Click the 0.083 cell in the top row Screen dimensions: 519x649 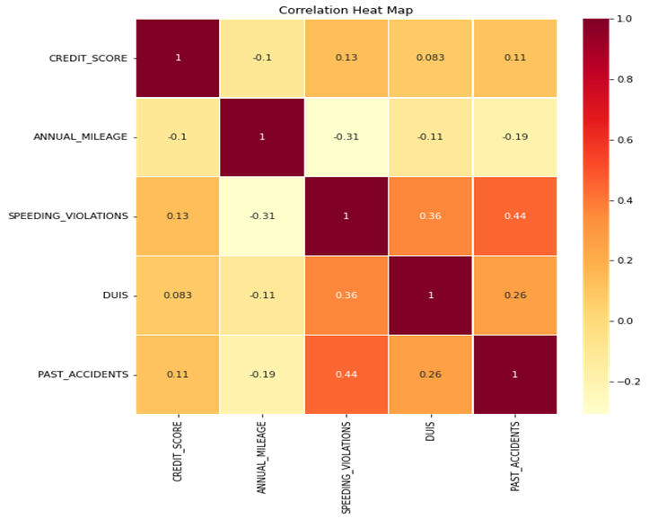[430, 57]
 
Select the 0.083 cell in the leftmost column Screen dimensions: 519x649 [178, 295]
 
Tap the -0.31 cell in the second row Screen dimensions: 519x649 [346, 137]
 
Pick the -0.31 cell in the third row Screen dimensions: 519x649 [262, 216]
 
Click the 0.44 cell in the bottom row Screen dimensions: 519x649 [346, 374]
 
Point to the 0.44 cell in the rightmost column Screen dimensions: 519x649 [514, 216]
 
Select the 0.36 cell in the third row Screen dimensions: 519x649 [430, 216]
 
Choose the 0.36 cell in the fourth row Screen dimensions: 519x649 [346, 295]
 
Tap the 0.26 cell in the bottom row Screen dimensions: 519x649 [430, 374]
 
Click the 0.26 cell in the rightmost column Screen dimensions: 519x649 [514, 295]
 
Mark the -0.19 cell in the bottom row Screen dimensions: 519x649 [262, 374]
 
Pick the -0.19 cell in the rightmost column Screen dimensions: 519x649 [514, 137]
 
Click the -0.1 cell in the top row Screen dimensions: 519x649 [262, 57]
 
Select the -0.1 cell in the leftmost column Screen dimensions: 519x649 [178, 137]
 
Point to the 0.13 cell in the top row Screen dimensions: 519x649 [346, 57]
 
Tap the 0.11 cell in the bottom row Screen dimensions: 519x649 [178, 374]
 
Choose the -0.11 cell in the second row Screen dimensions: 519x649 [430, 137]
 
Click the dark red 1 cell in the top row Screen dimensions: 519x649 [178, 57]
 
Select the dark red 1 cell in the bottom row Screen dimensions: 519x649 [514, 374]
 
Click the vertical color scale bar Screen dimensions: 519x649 [596, 216]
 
